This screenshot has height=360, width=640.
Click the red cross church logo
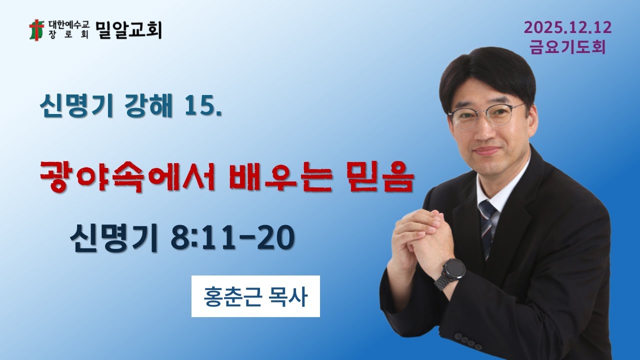(36, 30)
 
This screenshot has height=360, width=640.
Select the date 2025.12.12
(567, 28)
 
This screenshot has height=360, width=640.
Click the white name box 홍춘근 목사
(255, 296)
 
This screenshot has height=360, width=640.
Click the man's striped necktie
(486, 225)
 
